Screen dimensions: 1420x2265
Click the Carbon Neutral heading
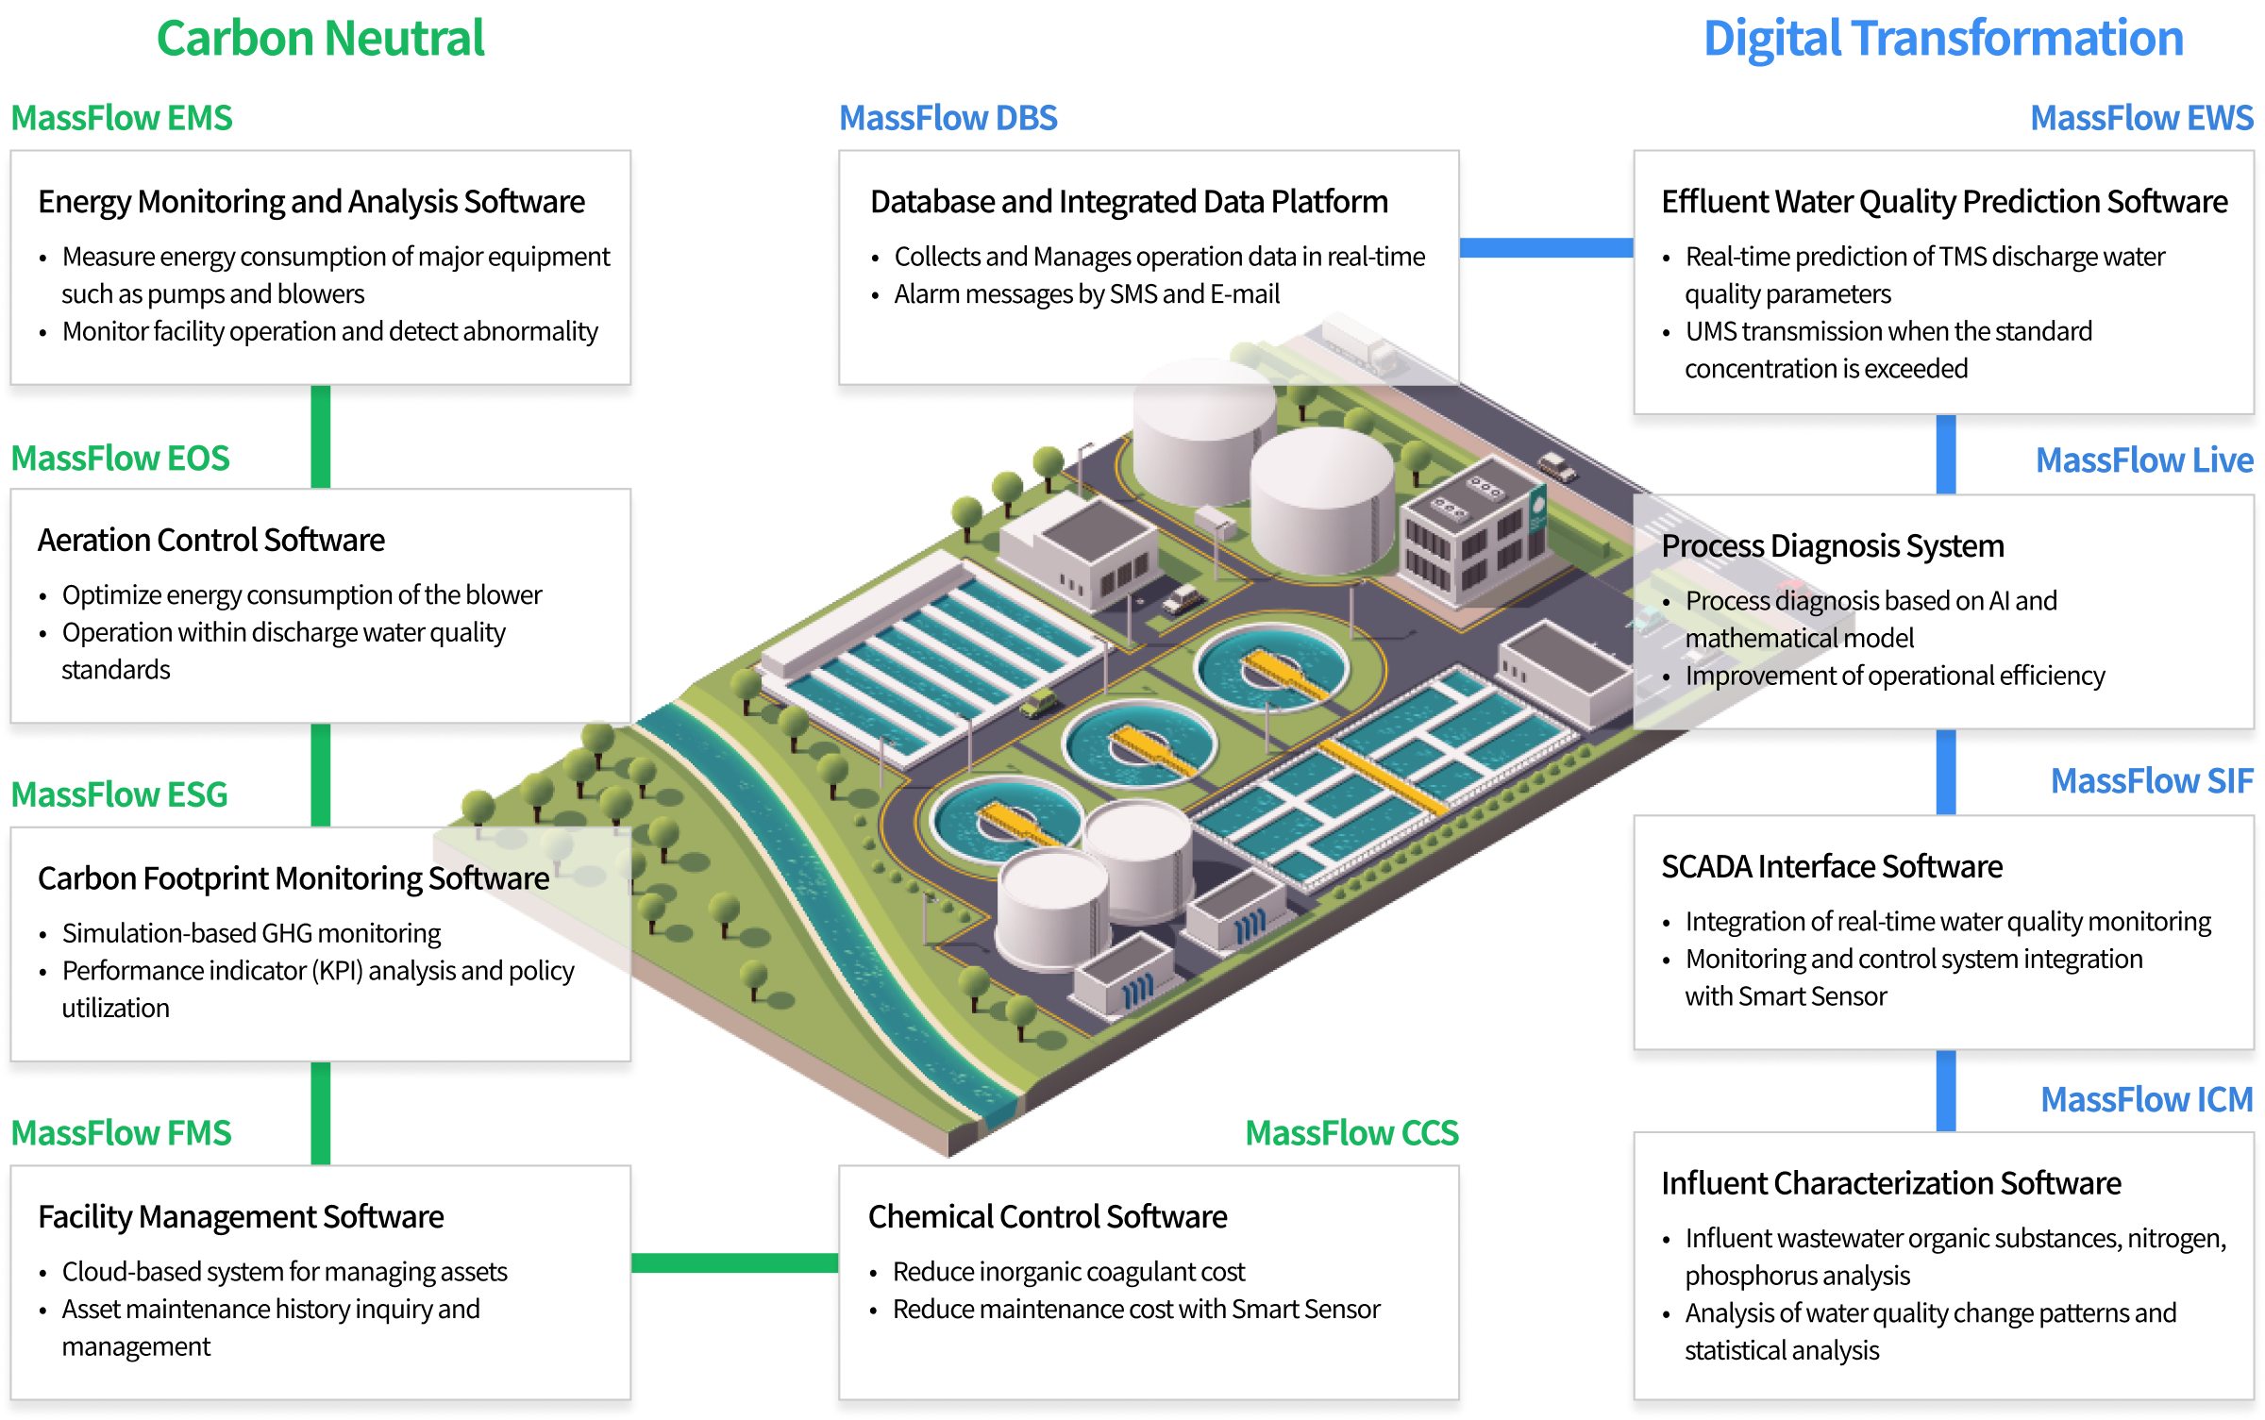pyautogui.click(x=320, y=40)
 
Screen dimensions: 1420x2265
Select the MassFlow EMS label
pyautogui.click(x=121, y=119)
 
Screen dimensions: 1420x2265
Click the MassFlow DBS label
pyautogui.click(x=948, y=119)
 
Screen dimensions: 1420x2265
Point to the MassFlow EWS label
pyautogui.click(x=2141, y=119)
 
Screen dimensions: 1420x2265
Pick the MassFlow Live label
pyautogui.click(x=2144, y=460)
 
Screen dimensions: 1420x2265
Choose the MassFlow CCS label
pyautogui.click(x=1351, y=1132)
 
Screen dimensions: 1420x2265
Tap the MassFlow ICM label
pyautogui.click(x=2146, y=1100)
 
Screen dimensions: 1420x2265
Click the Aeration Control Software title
pyautogui.click(x=211, y=541)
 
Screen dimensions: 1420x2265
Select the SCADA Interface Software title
pyautogui.click(x=1832, y=867)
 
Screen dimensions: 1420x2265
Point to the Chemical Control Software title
pyautogui.click(x=1048, y=1217)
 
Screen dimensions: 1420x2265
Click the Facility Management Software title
pyautogui.click(x=241, y=1217)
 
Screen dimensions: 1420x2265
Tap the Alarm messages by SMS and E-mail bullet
pyautogui.click(x=1086, y=294)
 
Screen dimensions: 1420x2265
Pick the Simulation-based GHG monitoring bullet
pyautogui.click(x=251, y=933)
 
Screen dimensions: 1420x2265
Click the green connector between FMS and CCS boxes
pyautogui.click(x=734, y=1263)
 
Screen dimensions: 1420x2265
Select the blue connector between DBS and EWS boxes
pyautogui.click(x=1546, y=247)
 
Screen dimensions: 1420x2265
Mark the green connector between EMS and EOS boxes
pyautogui.click(x=321, y=436)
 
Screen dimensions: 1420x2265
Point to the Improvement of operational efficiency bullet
pyautogui.click(x=1894, y=676)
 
